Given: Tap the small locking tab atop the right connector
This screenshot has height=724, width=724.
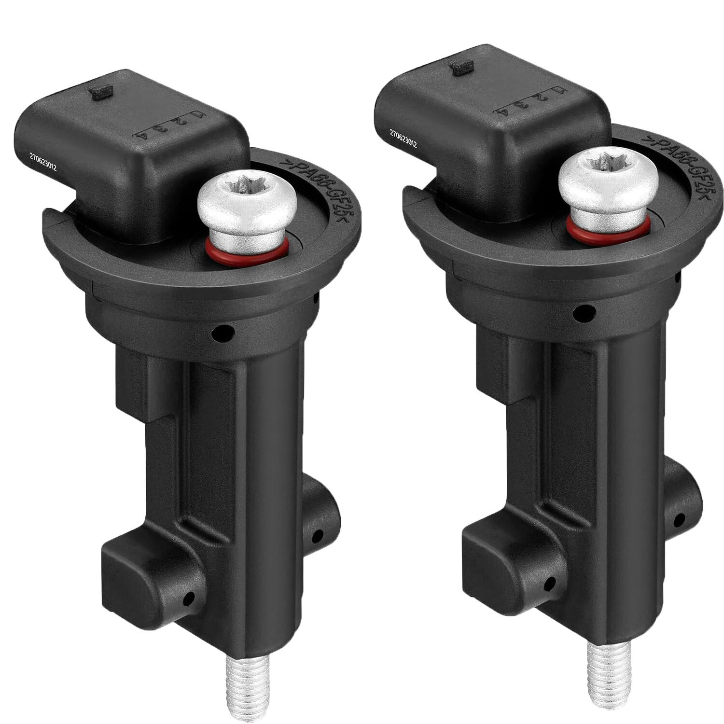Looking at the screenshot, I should [460, 67].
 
